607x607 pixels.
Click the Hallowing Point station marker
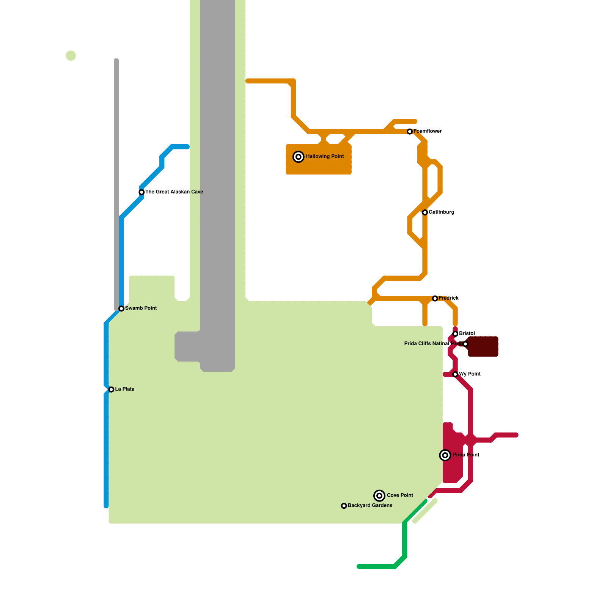click(299, 157)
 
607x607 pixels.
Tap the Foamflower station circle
click(410, 132)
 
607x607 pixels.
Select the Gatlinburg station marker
click(425, 212)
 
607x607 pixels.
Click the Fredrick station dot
click(435, 299)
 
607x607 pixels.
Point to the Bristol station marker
click(455, 334)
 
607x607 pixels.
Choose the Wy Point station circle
click(455, 374)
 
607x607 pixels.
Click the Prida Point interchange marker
click(445, 455)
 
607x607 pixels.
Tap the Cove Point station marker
click(379, 495)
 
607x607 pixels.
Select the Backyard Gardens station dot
click(344, 506)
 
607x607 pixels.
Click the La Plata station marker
click(111, 390)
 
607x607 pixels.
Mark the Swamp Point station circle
click(121, 308)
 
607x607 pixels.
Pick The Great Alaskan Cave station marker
click(142, 192)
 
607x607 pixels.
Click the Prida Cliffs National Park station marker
click(465, 344)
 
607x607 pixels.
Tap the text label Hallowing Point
click(325, 156)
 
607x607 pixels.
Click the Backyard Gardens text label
click(370, 505)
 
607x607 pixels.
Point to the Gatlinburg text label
click(441, 212)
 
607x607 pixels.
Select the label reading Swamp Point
click(141, 308)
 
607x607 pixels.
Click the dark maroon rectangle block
click(483, 346)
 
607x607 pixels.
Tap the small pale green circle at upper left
click(71, 55)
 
